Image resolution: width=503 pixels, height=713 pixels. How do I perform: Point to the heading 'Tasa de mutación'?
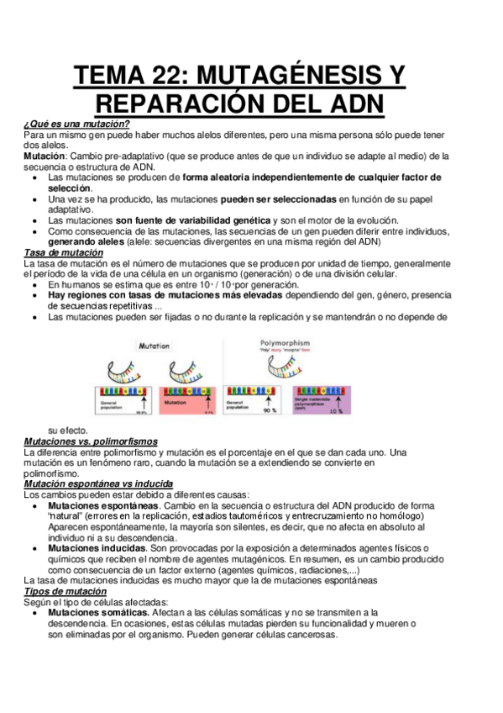pos(64,253)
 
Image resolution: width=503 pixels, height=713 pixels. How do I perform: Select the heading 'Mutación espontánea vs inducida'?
pos(98,484)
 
